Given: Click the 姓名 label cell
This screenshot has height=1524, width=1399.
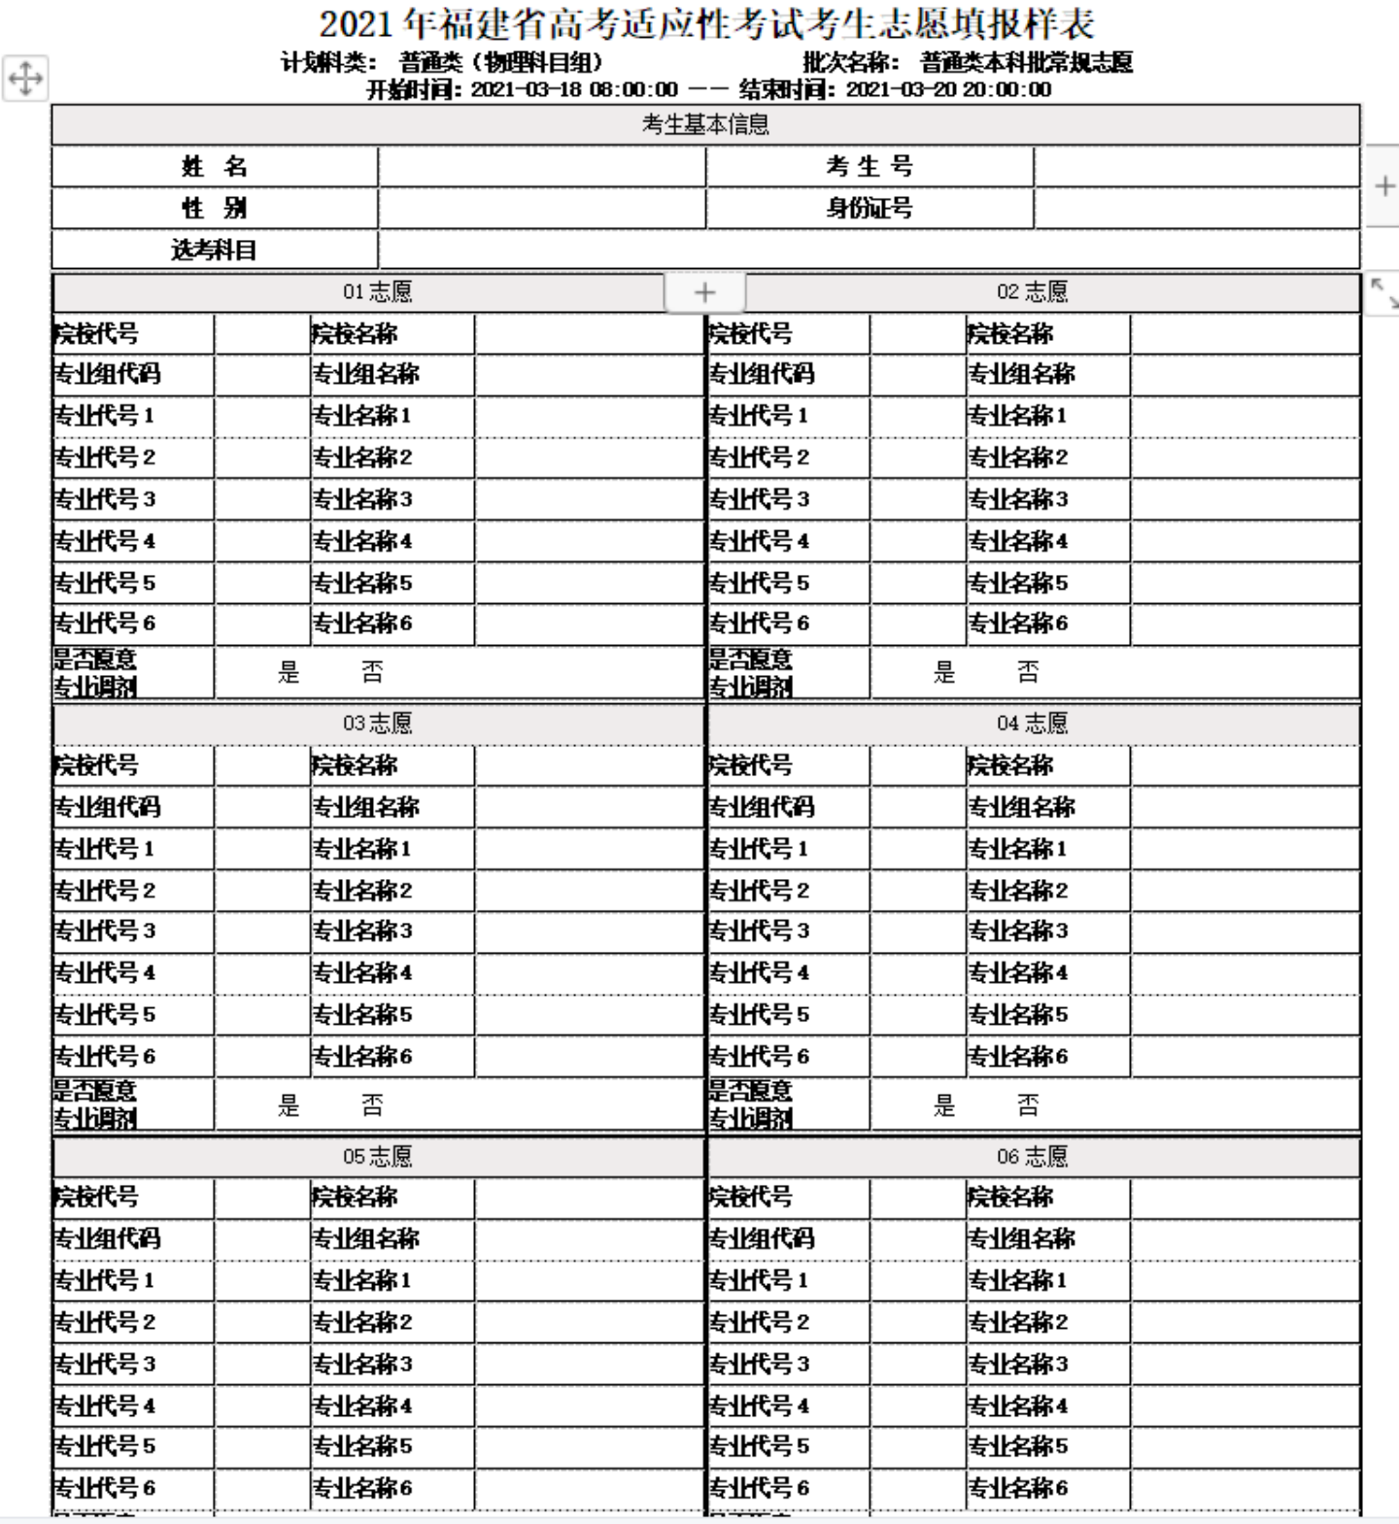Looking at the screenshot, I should pyautogui.click(x=214, y=167).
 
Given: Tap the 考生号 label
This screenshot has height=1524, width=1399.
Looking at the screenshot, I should pyautogui.click(x=870, y=167).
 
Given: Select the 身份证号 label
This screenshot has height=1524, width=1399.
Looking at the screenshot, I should pyautogui.click(x=870, y=208).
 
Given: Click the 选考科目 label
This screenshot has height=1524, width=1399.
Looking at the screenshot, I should pyautogui.click(x=214, y=250).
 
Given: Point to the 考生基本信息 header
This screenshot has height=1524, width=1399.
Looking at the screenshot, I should pyautogui.click(x=705, y=124).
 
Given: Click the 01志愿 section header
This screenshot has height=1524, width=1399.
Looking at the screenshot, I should pyautogui.click(x=377, y=291).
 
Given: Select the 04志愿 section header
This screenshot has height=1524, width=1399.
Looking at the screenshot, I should pyautogui.click(x=1032, y=723).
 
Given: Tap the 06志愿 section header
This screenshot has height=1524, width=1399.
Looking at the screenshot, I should pyautogui.click(x=1032, y=1156).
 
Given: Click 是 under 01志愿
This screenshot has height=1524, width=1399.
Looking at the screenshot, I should pyautogui.click(x=289, y=672).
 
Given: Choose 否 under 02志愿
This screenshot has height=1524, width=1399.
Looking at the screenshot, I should pyautogui.click(x=1028, y=672).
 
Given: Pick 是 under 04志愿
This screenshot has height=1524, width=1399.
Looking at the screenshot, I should pyautogui.click(x=944, y=1104).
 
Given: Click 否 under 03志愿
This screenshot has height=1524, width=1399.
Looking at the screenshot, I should pyautogui.click(x=372, y=1104).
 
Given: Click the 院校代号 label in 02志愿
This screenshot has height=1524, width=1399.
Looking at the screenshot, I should pyautogui.click(x=751, y=334).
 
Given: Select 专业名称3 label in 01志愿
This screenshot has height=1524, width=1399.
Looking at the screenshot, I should pyautogui.click(x=361, y=499).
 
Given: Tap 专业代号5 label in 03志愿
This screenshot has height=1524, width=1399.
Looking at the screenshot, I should pyautogui.click(x=104, y=1014).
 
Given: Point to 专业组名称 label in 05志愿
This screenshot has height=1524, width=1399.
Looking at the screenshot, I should pyautogui.click(x=365, y=1238).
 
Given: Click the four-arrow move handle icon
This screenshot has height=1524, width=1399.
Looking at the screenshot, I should pyautogui.click(x=25, y=78).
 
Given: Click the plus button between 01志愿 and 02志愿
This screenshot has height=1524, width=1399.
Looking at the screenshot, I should pyautogui.click(x=704, y=292).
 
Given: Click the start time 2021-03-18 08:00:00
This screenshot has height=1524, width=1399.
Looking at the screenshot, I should pyautogui.click(x=574, y=90).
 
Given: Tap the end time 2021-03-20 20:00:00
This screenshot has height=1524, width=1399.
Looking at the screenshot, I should pyautogui.click(x=948, y=90).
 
